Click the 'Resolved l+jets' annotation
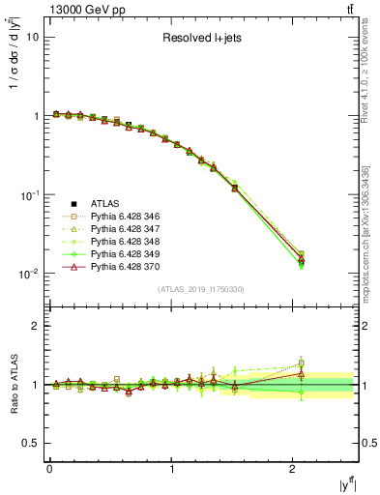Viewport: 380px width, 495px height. click(x=204, y=40)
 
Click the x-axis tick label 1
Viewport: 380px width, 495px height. click(x=172, y=469)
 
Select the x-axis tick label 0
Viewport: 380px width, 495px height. click(x=49, y=469)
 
